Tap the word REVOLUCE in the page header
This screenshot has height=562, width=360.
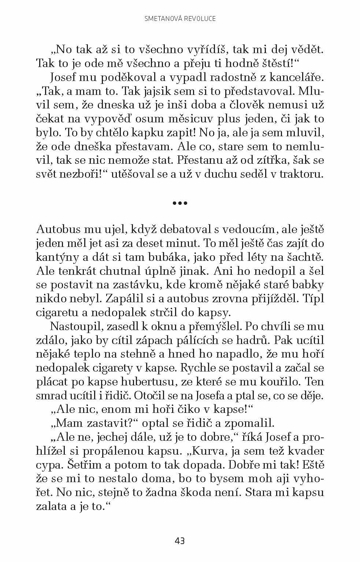[199, 18]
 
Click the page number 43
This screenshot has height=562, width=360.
[180, 541]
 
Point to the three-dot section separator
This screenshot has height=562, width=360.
[180, 202]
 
